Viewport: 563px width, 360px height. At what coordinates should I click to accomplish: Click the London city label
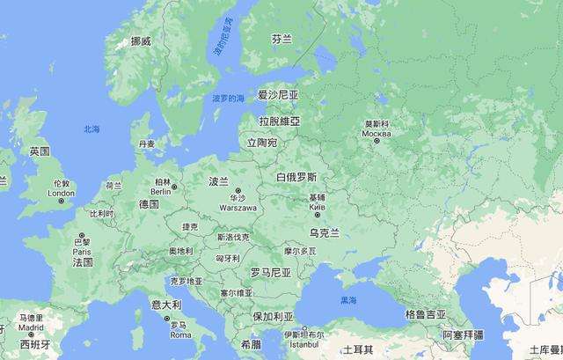[x=61, y=193]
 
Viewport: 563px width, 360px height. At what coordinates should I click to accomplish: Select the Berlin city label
[x=161, y=191]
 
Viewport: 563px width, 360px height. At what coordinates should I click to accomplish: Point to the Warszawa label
[x=238, y=208]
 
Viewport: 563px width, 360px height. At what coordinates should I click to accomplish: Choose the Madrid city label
[x=30, y=327]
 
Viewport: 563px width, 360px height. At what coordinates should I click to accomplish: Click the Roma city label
[x=179, y=334]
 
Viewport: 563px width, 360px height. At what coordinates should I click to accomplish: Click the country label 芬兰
[x=281, y=40]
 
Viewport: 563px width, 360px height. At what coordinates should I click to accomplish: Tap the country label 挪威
[x=141, y=41]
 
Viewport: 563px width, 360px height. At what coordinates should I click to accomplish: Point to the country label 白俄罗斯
[x=296, y=176]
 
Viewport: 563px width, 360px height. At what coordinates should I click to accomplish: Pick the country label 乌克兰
[x=325, y=231]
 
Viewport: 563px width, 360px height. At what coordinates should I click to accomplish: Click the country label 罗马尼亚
[x=270, y=272]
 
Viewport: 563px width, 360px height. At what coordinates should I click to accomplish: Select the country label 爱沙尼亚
[x=278, y=93]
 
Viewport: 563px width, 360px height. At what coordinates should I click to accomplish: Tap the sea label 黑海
[x=349, y=301]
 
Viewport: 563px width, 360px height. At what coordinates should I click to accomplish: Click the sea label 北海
[x=92, y=129]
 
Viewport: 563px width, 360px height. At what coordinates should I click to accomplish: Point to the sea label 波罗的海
[x=228, y=99]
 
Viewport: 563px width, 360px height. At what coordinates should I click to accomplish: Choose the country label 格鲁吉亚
[x=425, y=314]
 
